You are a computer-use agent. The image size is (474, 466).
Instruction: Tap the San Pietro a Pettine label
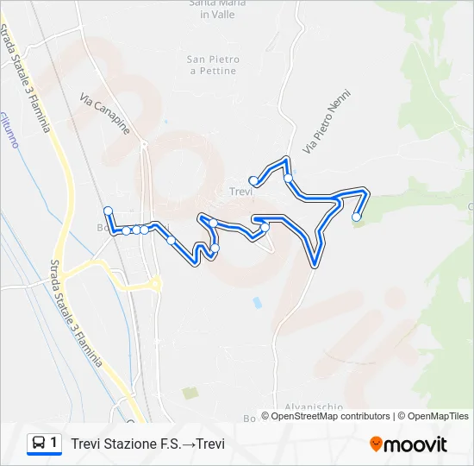tap(212, 65)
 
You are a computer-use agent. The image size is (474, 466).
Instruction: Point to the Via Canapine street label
tap(104, 113)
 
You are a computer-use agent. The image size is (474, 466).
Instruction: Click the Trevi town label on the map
tap(240, 192)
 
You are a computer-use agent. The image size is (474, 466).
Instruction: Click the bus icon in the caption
tap(39, 444)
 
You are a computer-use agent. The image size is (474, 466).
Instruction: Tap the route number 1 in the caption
tap(54, 444)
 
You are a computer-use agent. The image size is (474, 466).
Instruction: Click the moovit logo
tap(409, 444)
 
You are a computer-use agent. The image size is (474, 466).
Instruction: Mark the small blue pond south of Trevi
tap(256, 303)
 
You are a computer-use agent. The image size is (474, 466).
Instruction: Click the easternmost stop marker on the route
tap(357, 217)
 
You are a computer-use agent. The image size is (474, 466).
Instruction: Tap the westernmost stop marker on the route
tap(108, 211)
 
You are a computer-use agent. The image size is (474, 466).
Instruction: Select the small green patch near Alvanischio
tap(190, 393)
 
